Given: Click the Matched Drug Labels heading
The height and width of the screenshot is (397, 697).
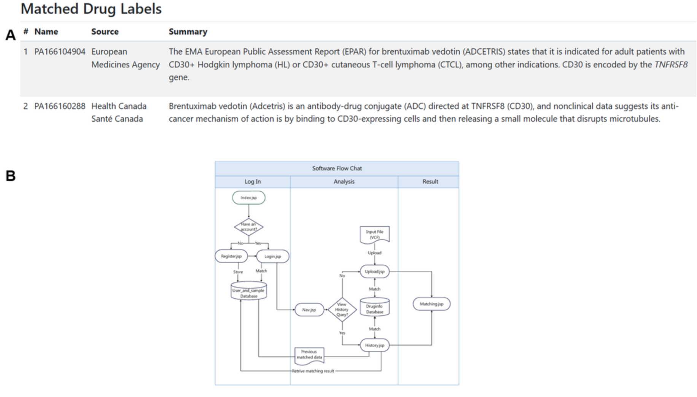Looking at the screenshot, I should pyautogui.click(x=91, y=9).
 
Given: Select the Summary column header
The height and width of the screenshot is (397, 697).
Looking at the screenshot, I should pyautogui.click(x=188, y=32).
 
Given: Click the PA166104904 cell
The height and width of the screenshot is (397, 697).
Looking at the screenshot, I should pyautogui.click(x=60, y=52).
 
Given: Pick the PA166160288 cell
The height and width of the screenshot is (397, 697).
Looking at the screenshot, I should pyautogui.click(x=60, y=106).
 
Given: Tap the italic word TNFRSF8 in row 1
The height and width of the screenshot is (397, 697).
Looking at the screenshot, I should pyautogui.click(x=671, y=65).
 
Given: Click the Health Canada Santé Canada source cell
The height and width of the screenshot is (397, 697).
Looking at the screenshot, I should pyautogui.click(x=118, y=112).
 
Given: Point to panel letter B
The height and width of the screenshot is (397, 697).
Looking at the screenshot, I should pyautogui.click(x=10, y=176).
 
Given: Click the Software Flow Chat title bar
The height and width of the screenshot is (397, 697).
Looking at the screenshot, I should pyautogui.click(x=337, y=168).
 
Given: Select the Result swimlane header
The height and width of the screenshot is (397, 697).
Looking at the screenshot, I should pyautogui.click(x=430, y=182).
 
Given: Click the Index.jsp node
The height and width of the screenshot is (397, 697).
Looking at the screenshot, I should pyautogui.click(x=248, y=198).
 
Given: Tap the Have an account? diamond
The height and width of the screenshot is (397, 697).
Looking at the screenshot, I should pyautogui.click(x=248, y=227).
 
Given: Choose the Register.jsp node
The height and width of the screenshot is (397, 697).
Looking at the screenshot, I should pyautogui.click(x=231, y=256).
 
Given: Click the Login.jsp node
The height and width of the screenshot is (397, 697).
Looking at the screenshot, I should pyautogui.click(x=272, y=256).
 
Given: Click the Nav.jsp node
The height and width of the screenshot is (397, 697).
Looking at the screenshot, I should pyautogui.click(x=309, y=310).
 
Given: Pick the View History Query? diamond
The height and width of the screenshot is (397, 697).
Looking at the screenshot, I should pyautogui.click(x=342, y=310).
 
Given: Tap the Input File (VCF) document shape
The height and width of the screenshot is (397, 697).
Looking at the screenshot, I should pyautogui.click(x=374, y=234).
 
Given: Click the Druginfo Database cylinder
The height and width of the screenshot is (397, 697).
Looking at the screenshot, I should pyautogui.click(x=374, y=308).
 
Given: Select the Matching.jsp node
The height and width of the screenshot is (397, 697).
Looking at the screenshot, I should pyautogui.click(x=431, y=304).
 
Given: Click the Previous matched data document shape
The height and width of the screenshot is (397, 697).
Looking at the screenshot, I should pyautogui.click(x=309, y=355).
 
